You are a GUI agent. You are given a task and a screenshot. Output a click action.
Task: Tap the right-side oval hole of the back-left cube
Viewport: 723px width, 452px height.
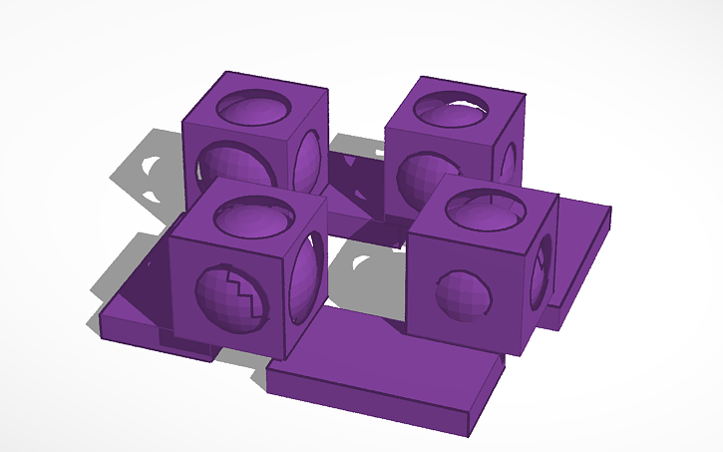click(310, 159)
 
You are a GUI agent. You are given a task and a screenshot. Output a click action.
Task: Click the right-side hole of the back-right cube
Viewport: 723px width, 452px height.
click(510, 161)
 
